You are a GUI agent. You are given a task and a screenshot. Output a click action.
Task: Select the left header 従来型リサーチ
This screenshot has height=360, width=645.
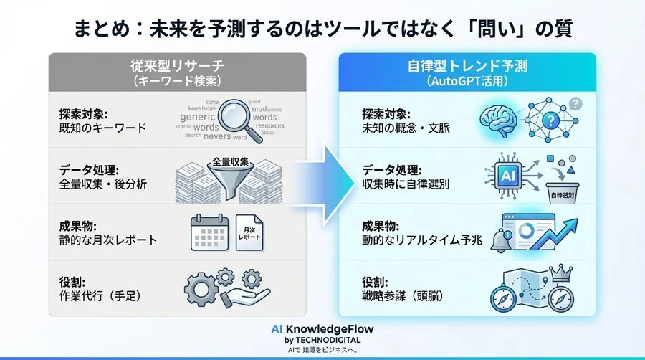coord(177,67)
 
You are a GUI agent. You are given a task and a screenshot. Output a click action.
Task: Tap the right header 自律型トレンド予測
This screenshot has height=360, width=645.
coord(467,67)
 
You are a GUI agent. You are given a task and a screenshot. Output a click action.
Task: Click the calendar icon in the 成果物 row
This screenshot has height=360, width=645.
coord(208,234)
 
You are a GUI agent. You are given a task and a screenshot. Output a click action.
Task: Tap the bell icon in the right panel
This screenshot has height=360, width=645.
coord(500,242)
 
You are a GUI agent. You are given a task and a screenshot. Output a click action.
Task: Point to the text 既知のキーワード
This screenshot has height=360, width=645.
coord(103,128)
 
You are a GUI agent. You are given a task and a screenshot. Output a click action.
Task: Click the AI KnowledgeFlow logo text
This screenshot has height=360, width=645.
coord(322,328)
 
